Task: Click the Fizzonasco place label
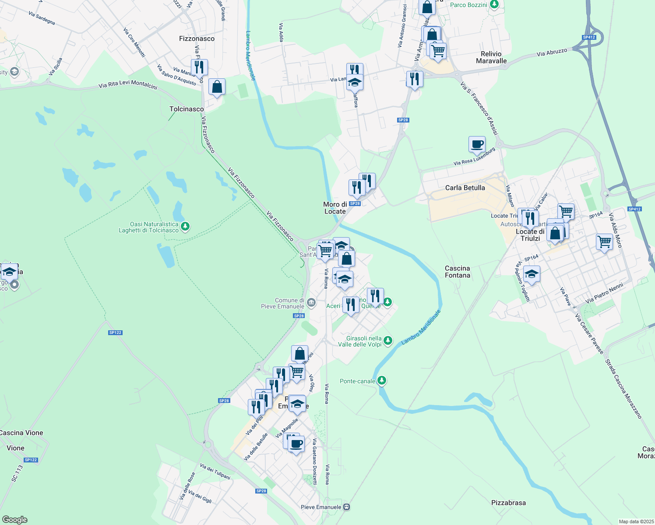(197, 38)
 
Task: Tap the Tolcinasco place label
(187, 109)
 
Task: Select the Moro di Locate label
(335, 208)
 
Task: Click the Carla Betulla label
(465, 188)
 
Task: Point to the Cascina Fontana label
(458, 272)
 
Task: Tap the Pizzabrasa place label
(508, 503)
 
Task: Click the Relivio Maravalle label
(491, 57)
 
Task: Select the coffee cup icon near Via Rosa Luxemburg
(477, 144)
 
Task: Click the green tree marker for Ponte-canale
(382, 381)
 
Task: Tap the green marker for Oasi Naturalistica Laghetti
(185, 227)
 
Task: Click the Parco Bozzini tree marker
(494, 5)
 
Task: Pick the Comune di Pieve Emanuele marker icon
(311, 303)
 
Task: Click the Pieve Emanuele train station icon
(347, 507)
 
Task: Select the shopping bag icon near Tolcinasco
(217, 87)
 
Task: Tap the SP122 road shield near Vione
(31, 460)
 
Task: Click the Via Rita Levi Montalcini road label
(128, 84)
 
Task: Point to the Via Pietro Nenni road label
(604, 294)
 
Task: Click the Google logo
(14, 520)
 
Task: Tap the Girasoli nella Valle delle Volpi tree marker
(387, 341)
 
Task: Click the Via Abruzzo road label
(552, 52)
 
